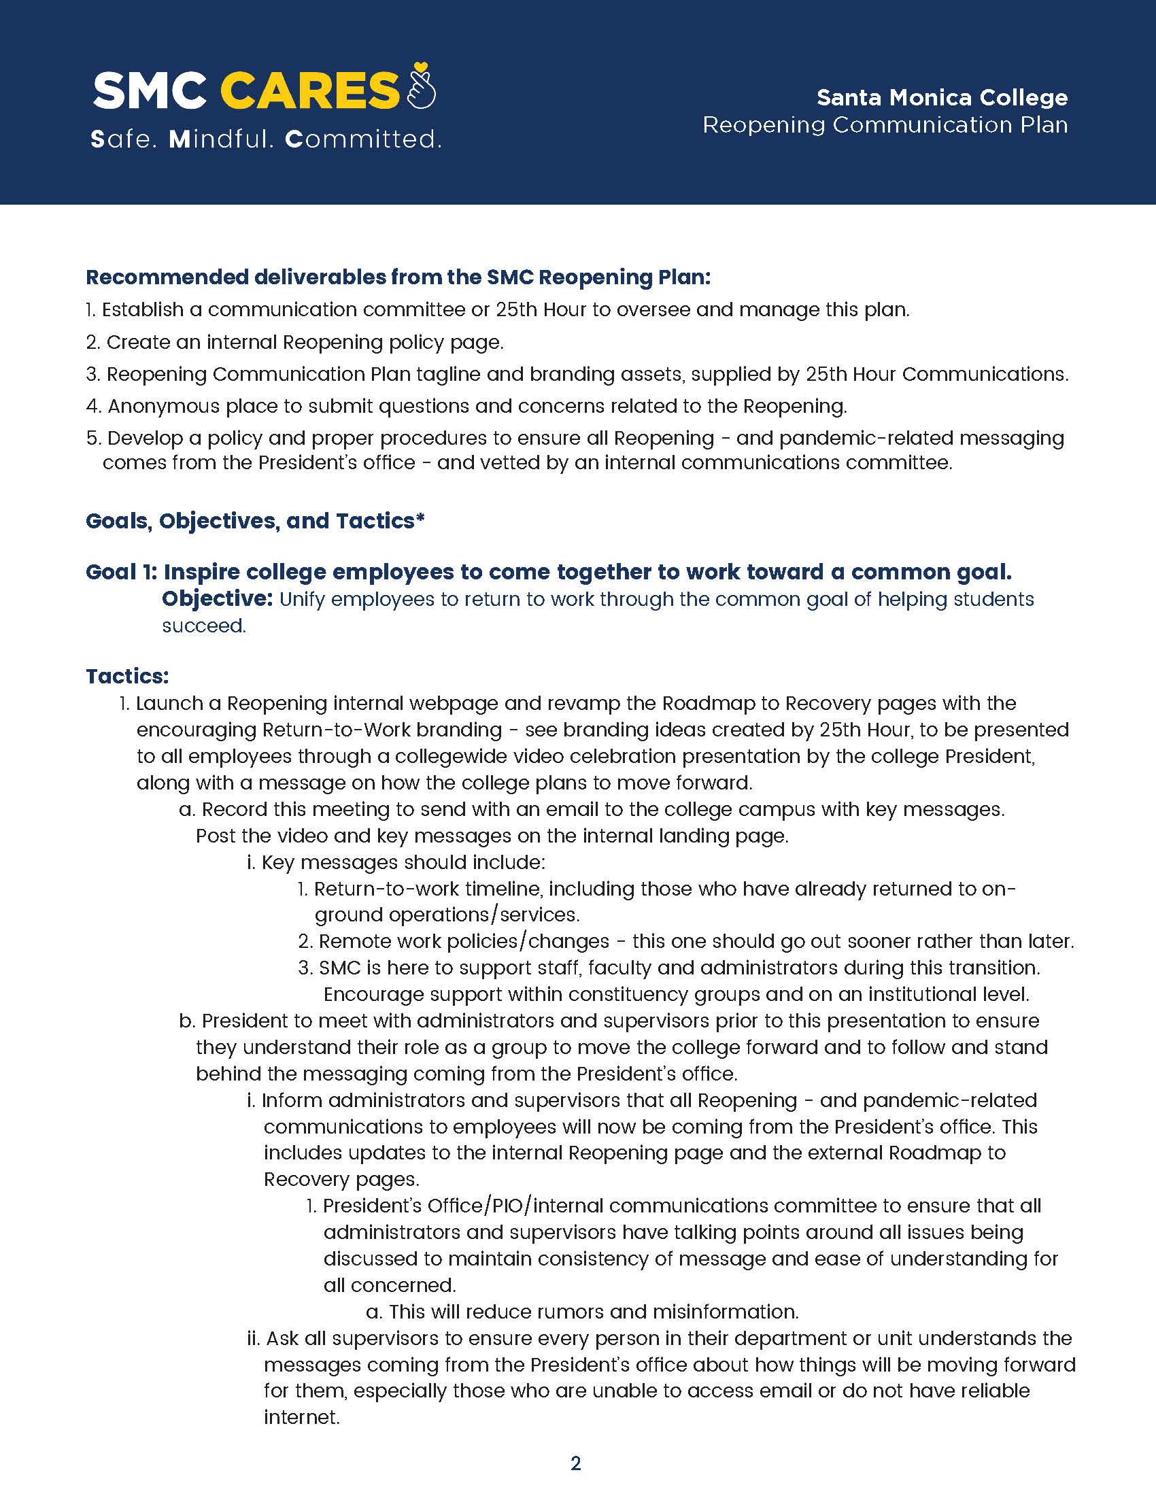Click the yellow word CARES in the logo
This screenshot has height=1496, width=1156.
(x=309, y=90)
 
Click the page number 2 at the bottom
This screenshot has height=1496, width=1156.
(x=576, y=1463)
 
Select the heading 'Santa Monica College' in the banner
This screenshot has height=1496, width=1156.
(x=942, y=97)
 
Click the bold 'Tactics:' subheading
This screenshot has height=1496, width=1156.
(x=127, y=676)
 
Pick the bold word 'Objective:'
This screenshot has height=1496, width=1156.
(x=218, y=598)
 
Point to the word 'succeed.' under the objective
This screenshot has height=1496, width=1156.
(x=203, y=626)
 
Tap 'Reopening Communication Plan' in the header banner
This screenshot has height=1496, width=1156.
(x=885, y=124)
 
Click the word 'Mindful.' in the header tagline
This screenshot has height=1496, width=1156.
(x=221, y=139)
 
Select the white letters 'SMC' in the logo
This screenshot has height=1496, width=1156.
(x=150, y=90)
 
